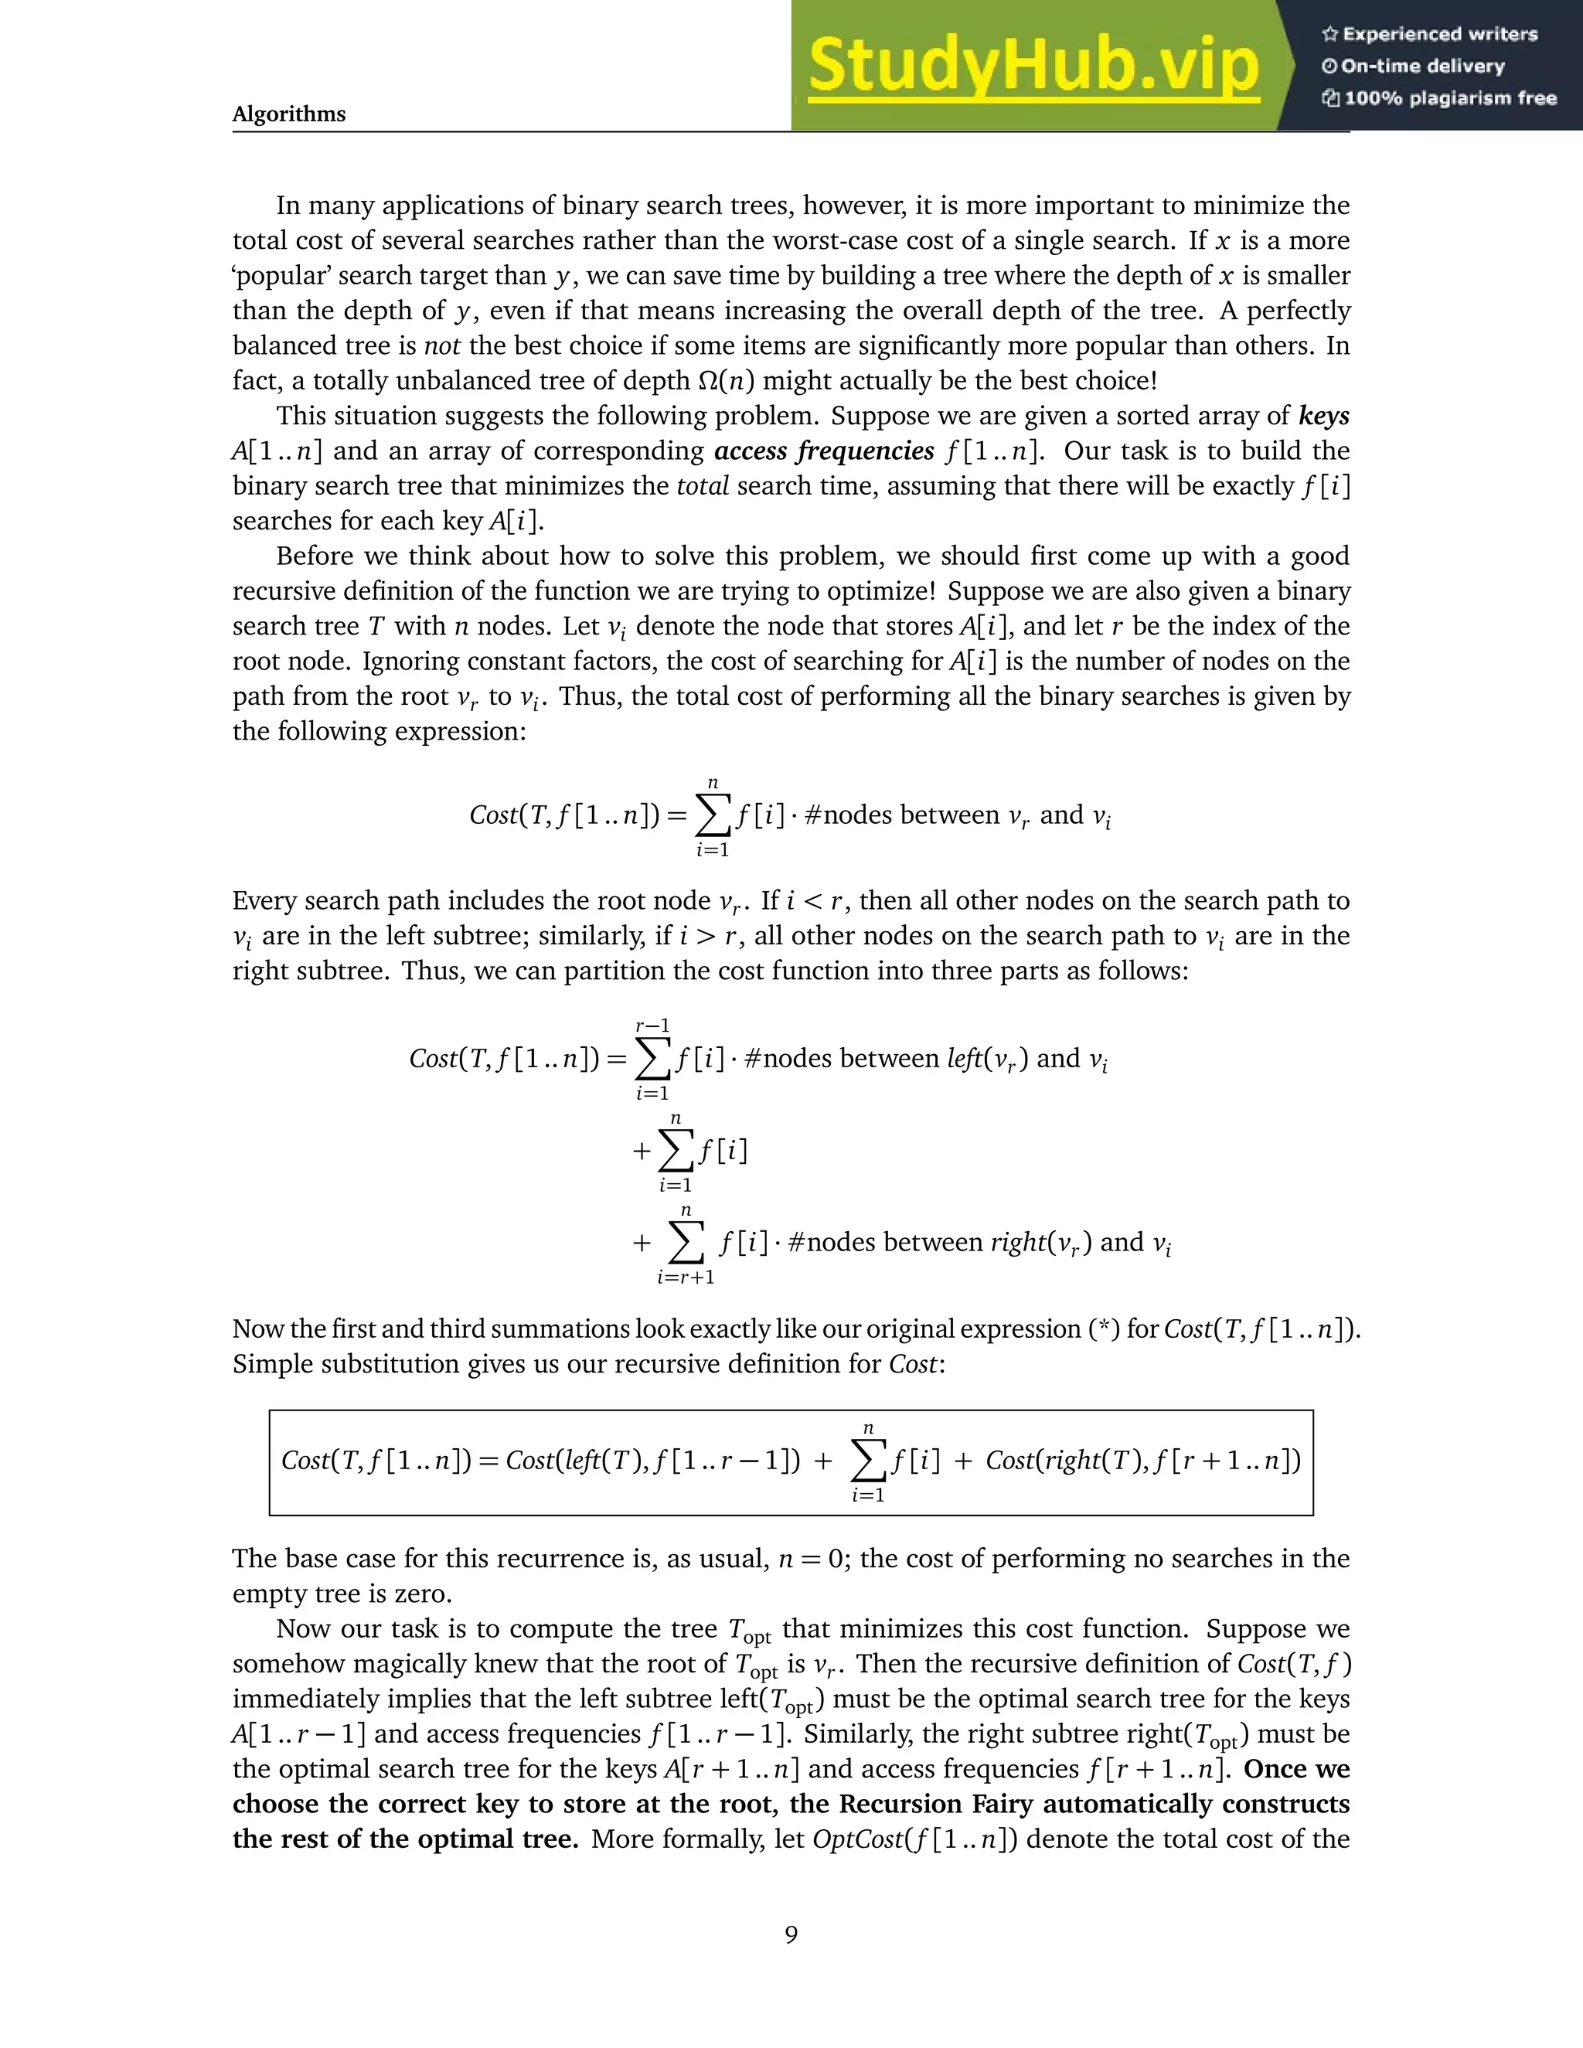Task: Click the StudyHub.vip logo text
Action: click(1033, 66)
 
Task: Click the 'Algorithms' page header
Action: click(289, 114)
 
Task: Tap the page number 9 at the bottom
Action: click(791, 1934)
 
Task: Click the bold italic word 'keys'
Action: click(1323, 416)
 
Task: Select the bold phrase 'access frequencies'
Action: click(824, 451)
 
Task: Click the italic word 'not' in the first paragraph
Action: click(441, 346)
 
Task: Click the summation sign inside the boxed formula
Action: click(868, 1461)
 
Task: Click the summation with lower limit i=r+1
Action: click(686, 1243)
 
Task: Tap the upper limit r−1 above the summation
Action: click(652, 1026)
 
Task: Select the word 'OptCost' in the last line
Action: click(849, 1839)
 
